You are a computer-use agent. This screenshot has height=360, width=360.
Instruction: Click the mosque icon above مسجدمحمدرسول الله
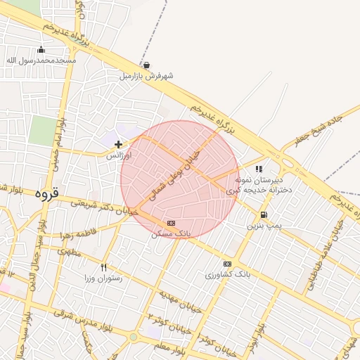pos(41,49)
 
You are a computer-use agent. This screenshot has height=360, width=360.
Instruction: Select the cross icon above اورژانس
pos(118,144)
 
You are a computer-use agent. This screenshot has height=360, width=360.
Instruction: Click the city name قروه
pos(46,193)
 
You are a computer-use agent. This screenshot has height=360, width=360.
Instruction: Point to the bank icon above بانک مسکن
pos(172,222)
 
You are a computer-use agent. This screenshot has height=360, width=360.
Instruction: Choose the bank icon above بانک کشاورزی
pos(226,264)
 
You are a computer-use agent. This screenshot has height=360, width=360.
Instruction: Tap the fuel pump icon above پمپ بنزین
pos(264,215)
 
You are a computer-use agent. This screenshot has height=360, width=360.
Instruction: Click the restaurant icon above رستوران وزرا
pos(104,267)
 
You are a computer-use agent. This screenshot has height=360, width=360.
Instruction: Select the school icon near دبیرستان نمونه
pos(259,169)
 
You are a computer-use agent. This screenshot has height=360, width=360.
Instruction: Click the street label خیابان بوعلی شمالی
pos(176,169)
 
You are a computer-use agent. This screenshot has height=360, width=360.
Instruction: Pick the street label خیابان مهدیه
pos(180,301)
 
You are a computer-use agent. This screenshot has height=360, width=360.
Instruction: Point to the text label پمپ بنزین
pos(264,226)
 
